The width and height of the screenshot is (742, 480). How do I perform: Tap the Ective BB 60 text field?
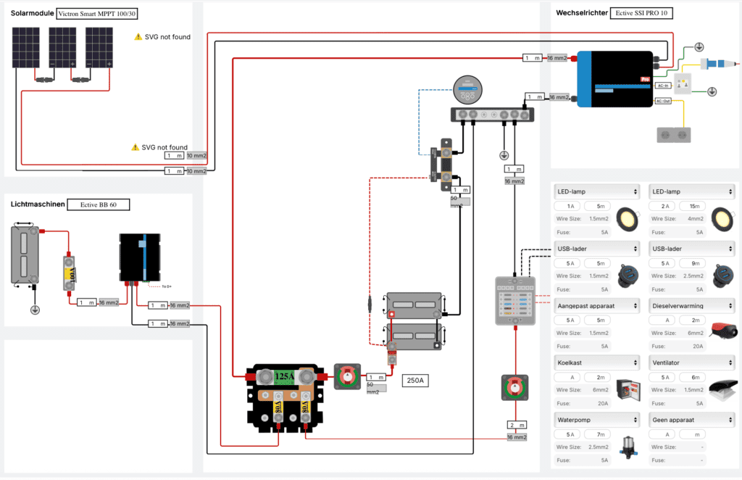(100, 205)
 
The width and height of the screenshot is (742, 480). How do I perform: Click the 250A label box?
(415, 380)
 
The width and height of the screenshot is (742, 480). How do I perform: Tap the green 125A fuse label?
(283, 376)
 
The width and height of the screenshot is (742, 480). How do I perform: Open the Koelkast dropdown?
(596, 363)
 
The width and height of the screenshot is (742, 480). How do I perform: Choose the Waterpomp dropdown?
(596, 420)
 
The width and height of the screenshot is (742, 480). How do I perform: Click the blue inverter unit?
(612, 80)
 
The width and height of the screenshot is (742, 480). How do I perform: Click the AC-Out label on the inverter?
(662, 101)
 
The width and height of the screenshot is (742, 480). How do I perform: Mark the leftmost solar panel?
(25, 48)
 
